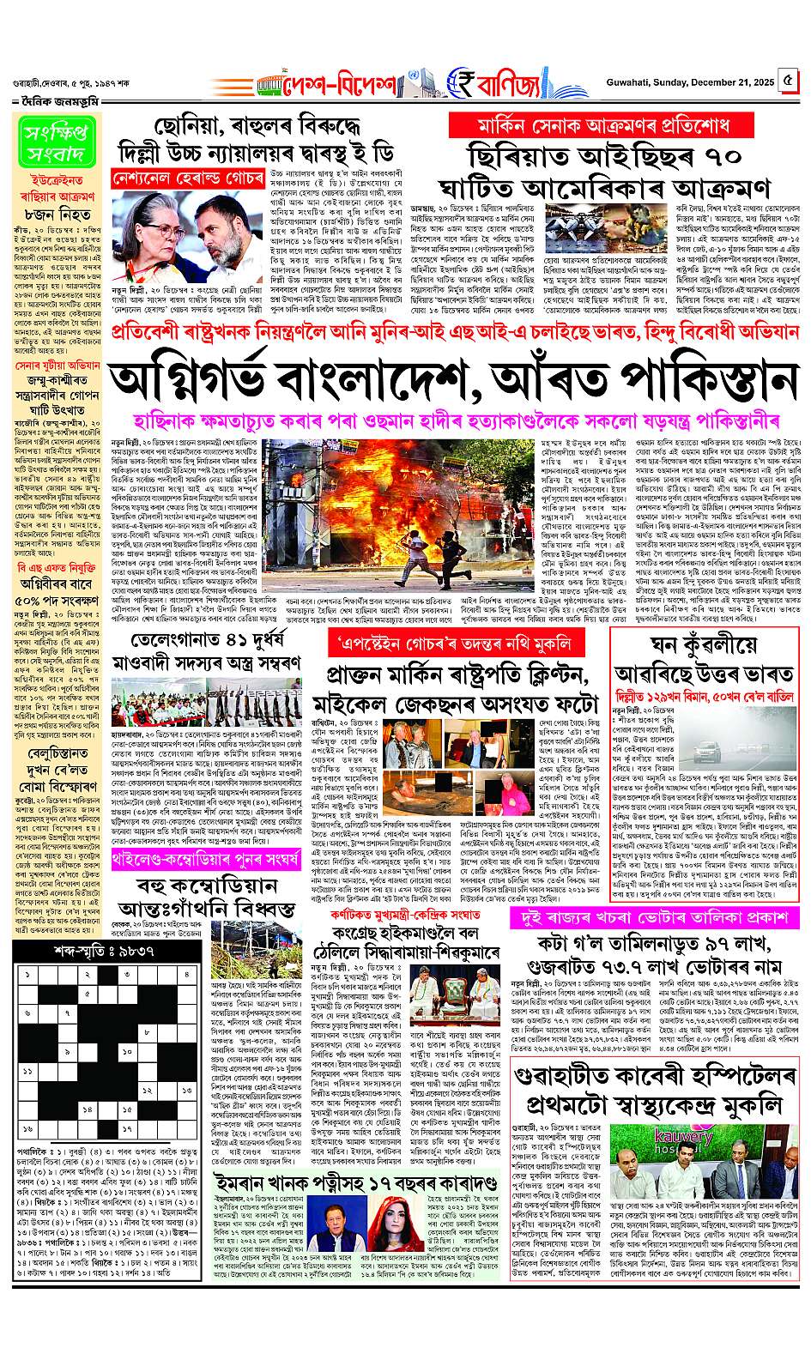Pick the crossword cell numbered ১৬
point(29,1129)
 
